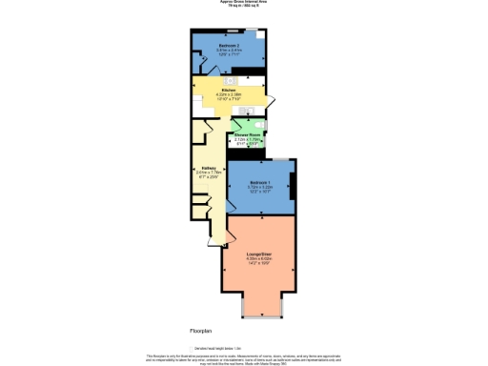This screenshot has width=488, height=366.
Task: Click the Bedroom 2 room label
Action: (229, 46)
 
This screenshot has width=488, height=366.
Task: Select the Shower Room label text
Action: (249, 135)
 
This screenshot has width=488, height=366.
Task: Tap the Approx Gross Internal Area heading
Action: (243, 3)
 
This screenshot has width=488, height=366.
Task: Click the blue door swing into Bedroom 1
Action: (234, 201)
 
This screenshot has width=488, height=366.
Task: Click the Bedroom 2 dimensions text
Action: (229, 54)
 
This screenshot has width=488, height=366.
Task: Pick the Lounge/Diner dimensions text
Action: (260, 264)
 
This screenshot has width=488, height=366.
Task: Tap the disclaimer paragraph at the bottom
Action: (243, 358)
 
